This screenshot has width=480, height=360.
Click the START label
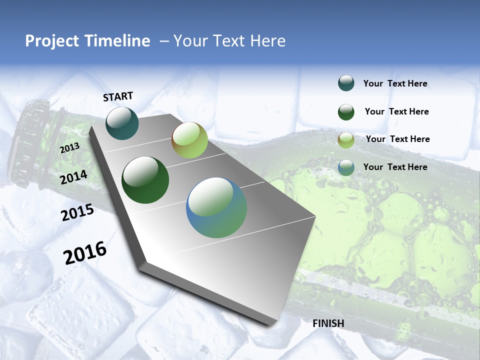[x=118, y=96]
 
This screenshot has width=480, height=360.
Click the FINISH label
[x=328, y=323]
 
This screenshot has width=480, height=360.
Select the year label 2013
[x=70, y=148]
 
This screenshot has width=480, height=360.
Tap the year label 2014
[x=74, y=177]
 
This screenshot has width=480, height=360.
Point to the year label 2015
[x=77, y=212]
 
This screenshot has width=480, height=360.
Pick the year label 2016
[x=85, y=253]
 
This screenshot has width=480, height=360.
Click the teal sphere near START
[x=122, y=123]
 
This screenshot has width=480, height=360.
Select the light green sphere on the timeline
[x=189, y=140]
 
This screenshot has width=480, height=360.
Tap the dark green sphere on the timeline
[x=145, y=180]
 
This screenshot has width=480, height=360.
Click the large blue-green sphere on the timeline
[x=216, y=207]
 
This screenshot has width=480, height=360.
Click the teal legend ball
[x=346, y=83]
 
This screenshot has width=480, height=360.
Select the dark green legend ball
[x=346, y=112]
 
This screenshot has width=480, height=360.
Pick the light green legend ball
[x=346, y=140]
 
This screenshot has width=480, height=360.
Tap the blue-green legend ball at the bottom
[x=346, y=167]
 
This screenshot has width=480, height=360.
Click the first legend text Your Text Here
[x=395, y=83]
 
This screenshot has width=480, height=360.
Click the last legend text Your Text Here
[x=395, y=167]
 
